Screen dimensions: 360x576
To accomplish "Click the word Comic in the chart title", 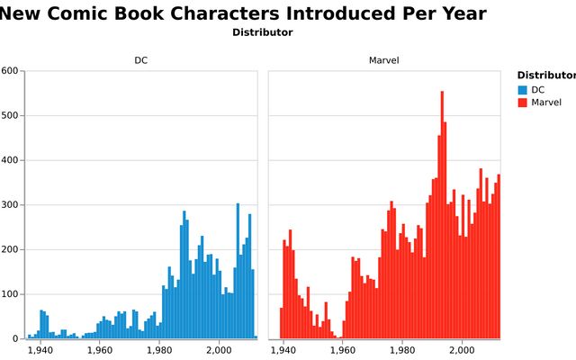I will tap(95, 13).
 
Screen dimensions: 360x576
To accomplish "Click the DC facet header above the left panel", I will tap(141, 60).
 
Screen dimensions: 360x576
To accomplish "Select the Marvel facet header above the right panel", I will tap(384, 60).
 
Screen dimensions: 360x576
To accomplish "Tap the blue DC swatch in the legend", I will tap(523, 90).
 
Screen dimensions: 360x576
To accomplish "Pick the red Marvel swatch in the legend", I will tap(523, 103).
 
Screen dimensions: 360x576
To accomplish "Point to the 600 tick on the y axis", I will tap(10, 71).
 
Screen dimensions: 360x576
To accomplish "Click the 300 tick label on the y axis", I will tap(10, 205).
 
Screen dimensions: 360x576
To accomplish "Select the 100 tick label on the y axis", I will tap(10, 294).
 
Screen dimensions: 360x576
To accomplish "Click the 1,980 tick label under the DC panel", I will tap(159, 350).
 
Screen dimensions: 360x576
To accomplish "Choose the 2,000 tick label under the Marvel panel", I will tap(463, 350).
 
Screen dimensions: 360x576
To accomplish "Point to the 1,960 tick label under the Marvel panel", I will tap(343, 350).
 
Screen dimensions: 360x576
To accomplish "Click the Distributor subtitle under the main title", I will tap(262, 32).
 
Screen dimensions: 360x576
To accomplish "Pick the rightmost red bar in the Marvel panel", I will tap(499, 256).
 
